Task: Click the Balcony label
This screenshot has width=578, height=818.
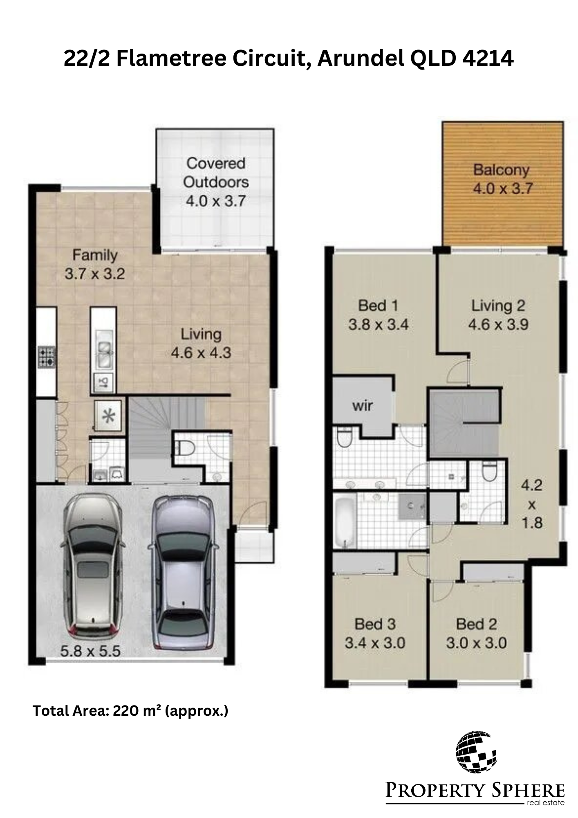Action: click(501, 170)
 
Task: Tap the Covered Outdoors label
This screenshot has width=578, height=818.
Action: click(216, 173)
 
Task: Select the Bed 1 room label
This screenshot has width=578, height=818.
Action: click(378, 306)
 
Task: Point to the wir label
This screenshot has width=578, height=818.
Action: click(363, 406)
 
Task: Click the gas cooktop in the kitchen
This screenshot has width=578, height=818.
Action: click(47, 357)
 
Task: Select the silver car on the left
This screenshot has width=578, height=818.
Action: click(93, 565)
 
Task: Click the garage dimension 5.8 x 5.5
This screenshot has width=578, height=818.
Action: click(90, 651)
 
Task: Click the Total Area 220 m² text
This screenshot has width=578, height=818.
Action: click(130, 711)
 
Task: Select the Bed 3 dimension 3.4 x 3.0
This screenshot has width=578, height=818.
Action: click(375, 643)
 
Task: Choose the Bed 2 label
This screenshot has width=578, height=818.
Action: click(477, 625)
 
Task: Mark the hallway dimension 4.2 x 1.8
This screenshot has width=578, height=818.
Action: click(532, 504)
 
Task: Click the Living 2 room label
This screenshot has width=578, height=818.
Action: click(498, 306)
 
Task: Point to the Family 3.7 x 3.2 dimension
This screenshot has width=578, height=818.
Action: click(95, 274)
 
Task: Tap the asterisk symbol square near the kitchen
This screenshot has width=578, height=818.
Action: click(108, 415)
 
